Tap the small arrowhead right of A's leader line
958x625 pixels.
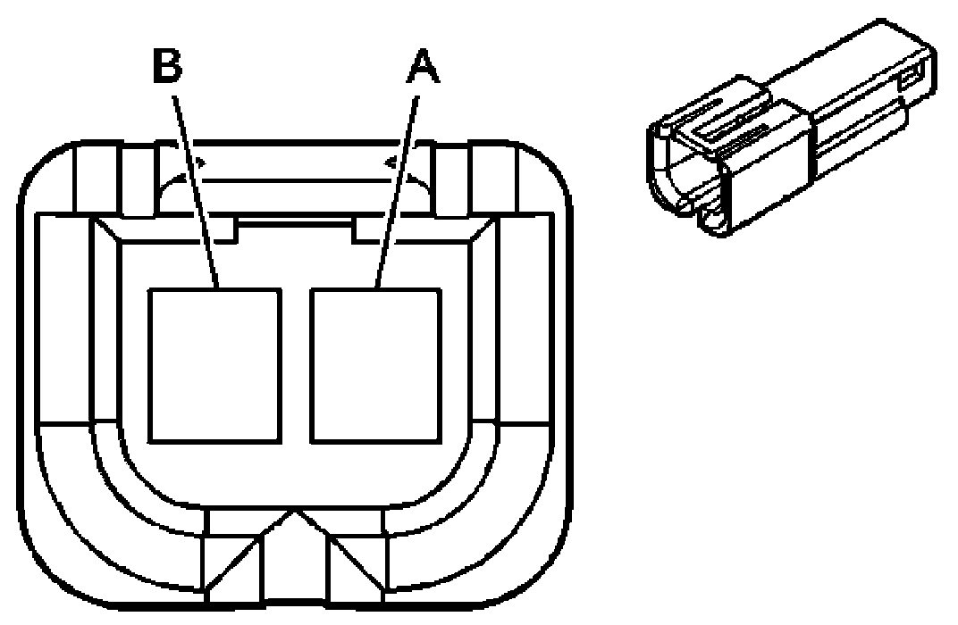tap(392, 163)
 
